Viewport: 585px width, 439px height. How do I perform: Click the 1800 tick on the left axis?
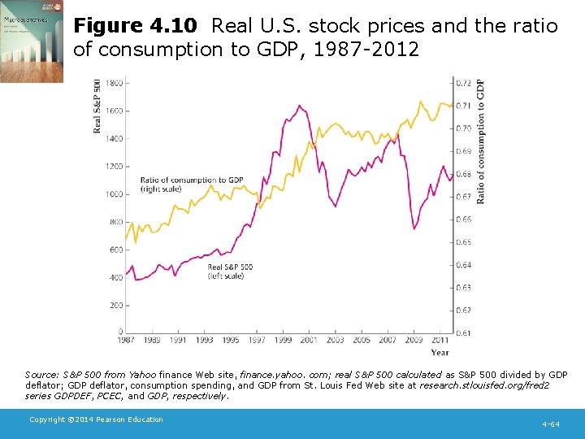[114, 83]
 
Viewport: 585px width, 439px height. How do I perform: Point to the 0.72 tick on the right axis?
[462, 83]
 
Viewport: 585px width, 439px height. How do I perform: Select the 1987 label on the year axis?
[126, 341]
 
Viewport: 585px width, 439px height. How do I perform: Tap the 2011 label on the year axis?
[440, 341]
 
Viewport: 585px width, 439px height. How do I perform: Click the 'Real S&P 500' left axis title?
[97, 106]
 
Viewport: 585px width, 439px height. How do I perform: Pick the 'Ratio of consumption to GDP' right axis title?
[481, 141]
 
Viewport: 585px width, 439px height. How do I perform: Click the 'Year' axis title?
[440, 353]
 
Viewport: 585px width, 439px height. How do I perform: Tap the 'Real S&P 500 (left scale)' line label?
[230, 272]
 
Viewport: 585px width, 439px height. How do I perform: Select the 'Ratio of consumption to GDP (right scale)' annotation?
[192, 185]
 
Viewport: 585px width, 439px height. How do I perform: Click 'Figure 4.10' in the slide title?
[138, 26]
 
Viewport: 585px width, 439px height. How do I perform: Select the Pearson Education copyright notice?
[96, 419]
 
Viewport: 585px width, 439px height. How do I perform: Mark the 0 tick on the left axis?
[120, 333]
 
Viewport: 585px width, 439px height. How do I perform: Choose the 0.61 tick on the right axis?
[462, 333]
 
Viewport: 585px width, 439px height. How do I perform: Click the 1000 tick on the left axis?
[114, 194]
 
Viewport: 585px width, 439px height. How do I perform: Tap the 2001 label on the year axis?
[309, 341]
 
